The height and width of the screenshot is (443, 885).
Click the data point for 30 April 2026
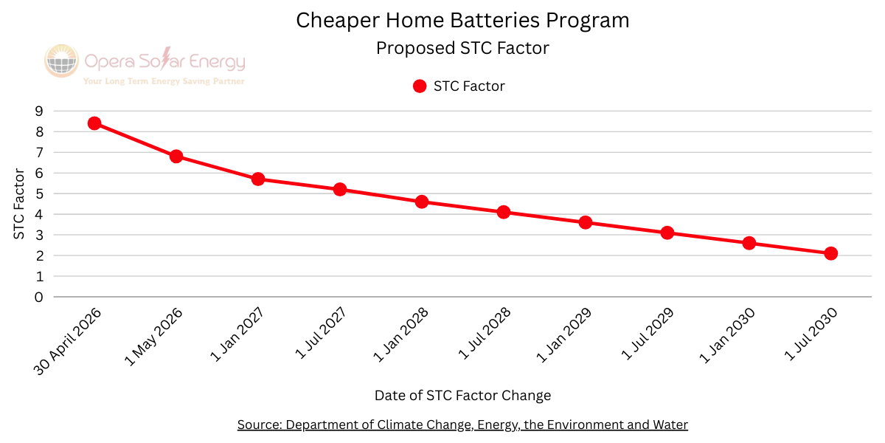[x=94, y=123]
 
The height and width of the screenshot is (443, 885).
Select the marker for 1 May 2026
[x=176, y=157]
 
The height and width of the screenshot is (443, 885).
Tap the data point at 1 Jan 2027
[x=258, y=179]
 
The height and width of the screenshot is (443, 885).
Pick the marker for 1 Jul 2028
[x=504, y=212]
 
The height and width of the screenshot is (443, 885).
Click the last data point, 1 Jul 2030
[x=830, y=253]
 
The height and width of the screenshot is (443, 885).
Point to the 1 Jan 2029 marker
[x=586, y=222]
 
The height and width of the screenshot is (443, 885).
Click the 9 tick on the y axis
[x=38, y=111]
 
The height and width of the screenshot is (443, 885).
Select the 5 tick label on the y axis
[x=38, y=193]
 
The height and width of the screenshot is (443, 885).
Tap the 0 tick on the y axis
[x=38, y=297]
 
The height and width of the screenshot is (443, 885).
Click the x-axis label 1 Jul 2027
[x=322, y=334]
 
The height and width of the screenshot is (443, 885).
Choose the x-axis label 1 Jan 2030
[x=730, y=334]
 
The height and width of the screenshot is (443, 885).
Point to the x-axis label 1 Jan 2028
[x=403, y=334]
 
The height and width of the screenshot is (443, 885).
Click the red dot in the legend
[x=420, y=86]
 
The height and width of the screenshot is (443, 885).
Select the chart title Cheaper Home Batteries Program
[x=462, y=21]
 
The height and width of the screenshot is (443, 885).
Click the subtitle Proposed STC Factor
[x=462, y=49]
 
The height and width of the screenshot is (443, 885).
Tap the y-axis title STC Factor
[x=19, y=204]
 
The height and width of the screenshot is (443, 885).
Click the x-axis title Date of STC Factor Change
[x=462, y=396]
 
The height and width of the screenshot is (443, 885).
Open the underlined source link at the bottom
[x=462, y=425]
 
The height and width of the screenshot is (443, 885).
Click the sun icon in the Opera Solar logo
[x=61, y=61]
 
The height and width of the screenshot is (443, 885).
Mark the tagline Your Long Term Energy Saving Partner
[x=164, y=81]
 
